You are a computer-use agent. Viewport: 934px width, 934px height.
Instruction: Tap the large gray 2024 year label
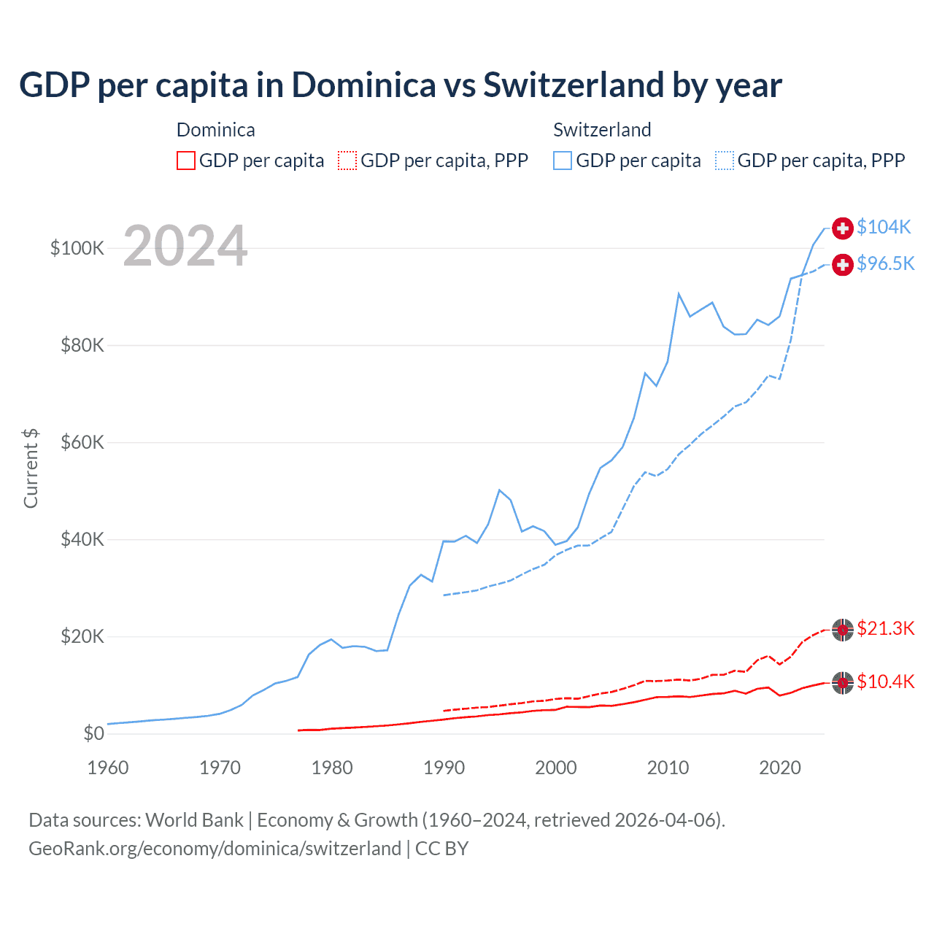pyautogui.click(x=185, y=247)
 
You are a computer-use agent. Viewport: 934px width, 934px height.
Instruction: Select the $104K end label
pyautogui.click(x=884, y=227)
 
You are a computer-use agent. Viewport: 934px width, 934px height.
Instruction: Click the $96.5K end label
pyautogui.click(x=885, y=263)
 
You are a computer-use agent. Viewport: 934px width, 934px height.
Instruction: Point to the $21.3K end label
pyautogui.click(x=885, y=628)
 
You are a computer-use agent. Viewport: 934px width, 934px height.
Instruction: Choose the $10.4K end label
pyautogui.click(x=885, y=682)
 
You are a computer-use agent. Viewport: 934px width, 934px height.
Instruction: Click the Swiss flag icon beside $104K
pyautogui.click(x=843, y=228)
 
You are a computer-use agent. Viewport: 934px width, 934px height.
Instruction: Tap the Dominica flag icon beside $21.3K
pyautogui.click(x=843, y=629)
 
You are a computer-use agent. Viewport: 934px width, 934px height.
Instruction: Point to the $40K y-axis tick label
pyautogui.click(x=82, y=539)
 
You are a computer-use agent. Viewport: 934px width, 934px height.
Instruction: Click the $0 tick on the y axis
pyautogui.click(x=93, y=733)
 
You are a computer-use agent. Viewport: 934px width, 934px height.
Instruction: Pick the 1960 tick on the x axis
pyautogui.click(x=108, y=768)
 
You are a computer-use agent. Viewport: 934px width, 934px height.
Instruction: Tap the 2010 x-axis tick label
pyautogui.click(x=668, y=768)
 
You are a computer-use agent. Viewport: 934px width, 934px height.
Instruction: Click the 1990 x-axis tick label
pyautogui.click(x=444, y=768)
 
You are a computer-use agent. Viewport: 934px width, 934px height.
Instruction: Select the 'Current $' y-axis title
pyautogui.click(x=31, y=468)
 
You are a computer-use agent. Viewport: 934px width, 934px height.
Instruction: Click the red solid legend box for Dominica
pyautogui.click(x=186, y=161)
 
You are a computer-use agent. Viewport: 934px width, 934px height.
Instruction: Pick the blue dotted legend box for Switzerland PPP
pyautogui.click(x=725, y=161)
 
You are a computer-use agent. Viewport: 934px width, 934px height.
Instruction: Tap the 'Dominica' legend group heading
pyautogui.click(x=216, y=130)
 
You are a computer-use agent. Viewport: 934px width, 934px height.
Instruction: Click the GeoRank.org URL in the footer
pyautogui.click(x=215, y=849)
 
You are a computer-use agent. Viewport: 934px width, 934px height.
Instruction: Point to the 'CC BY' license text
pyautogui.click(x=441, y=849)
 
